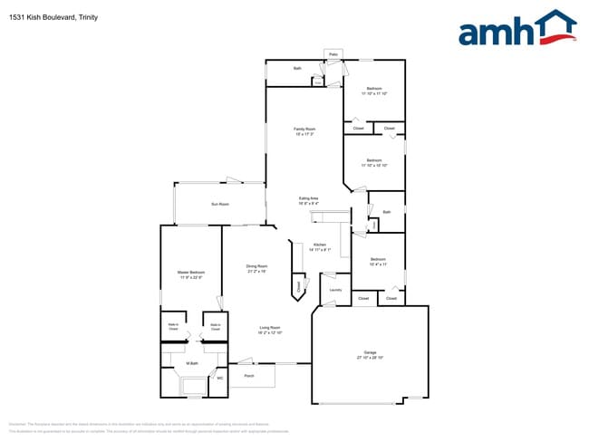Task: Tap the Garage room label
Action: pos(370,351)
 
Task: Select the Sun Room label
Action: pos(220,204)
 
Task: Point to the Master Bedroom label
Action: pos(190,273)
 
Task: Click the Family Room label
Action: pos(304,129)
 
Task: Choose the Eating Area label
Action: pos(309,198)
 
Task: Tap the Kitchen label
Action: pos(319,245)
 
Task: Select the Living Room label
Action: pos(270,328)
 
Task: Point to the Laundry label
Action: pos(335,290)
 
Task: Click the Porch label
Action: pos(249,375)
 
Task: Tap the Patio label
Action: pos(333,54)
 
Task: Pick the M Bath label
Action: pos(192,363)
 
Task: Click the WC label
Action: pos(218,379)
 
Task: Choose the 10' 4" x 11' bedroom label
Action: pos(378,264)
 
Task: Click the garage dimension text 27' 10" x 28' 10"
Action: pos(370,358)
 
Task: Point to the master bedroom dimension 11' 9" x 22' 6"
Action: pos(190,278)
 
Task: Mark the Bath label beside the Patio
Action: pos(297,69)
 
